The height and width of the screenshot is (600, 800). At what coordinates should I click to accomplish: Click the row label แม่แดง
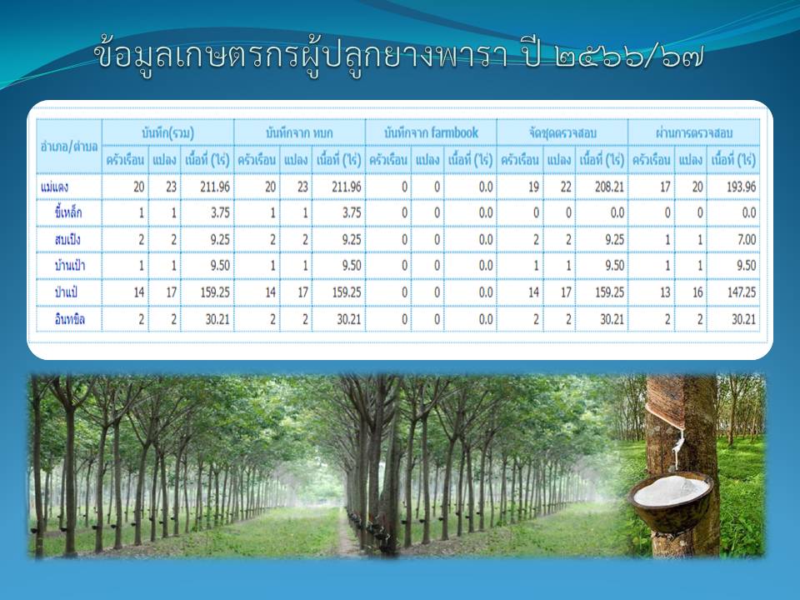point(54,187)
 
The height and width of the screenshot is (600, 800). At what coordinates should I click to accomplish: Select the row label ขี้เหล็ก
point(67,212)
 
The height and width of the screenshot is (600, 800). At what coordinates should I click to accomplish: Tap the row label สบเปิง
point(67,239)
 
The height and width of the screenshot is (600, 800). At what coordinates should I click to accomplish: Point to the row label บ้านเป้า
point(69,265)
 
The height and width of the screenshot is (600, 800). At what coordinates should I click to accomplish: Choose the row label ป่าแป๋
point(66,292)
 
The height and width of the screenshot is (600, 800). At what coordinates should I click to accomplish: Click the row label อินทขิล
point(69,319)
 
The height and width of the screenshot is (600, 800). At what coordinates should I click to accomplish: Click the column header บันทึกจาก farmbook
point(431,133)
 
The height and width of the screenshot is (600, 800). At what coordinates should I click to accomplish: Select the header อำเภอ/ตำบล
point(69,147)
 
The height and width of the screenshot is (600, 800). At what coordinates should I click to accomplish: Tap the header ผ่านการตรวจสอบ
point(694,133)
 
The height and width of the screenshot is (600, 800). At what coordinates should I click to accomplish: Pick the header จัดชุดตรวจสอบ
point(562,133)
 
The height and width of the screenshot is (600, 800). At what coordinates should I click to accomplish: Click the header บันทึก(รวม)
point(167,133)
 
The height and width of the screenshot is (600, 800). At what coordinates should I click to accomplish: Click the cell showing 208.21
point(609,187)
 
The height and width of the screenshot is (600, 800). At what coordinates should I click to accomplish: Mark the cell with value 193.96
point(742,187)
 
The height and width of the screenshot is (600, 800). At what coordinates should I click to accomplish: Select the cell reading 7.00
point(747,239)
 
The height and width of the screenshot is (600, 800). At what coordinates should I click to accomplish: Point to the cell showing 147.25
point(742,292)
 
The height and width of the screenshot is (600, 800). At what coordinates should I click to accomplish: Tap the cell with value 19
point(533,187)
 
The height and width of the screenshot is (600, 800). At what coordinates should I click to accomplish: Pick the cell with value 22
point(566,187)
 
